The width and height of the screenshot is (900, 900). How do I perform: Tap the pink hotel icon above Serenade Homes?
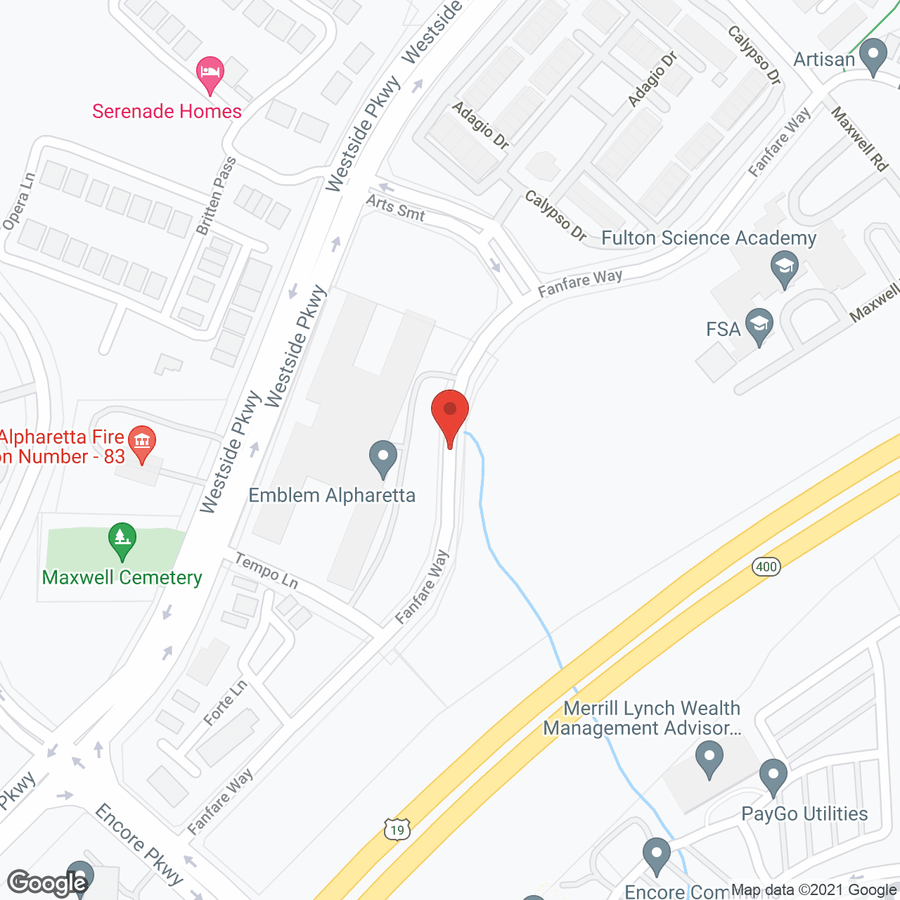(x=210, y=73)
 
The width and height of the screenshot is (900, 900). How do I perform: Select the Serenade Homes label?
(x=167, y=111)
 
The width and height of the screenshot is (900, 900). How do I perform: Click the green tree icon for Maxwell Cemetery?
(x=122, y=540)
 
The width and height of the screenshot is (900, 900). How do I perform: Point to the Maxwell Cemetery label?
(x=122, y=577)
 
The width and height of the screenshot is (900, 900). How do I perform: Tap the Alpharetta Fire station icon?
(x=143, y=443)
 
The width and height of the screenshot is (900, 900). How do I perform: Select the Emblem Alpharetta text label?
(x=332, y=495)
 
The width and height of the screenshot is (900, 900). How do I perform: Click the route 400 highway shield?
(x=766, y=567)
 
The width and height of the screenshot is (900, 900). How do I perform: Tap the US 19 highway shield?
(x=397, y=830)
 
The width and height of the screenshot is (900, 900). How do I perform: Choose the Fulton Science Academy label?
(x=709, y=238)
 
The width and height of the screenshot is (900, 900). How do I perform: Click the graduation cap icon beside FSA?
(x=759, y=326)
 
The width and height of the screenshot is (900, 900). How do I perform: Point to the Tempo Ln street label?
(x=266, y=570)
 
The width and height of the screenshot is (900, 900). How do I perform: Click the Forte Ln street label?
(x=225, y=702)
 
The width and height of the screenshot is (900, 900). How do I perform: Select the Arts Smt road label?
(x=395, y=208)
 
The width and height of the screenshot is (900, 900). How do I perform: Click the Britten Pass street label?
(x=216, y=196)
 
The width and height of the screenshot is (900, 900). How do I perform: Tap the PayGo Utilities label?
(x=804, y=814)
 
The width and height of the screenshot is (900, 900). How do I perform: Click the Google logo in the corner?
(x=48, y=883)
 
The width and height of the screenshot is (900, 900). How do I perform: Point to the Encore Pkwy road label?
(x=139, y=844)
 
